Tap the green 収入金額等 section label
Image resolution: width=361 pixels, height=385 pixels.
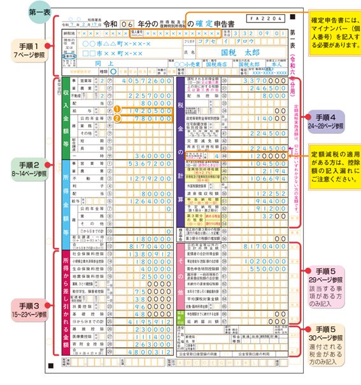[x=66, y=120]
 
